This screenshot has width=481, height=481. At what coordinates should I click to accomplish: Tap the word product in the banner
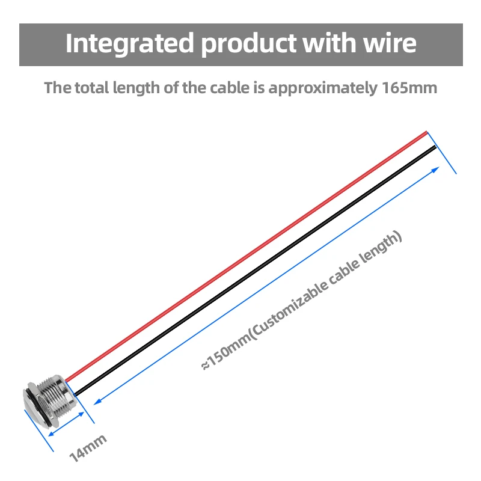(x=245, y=44)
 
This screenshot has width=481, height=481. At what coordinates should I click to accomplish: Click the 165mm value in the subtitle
(x=409, y=88)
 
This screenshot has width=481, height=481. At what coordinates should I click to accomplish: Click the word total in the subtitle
(x=96, y=88)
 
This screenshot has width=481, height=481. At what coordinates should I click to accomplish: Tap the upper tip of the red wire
(x=425, y=133)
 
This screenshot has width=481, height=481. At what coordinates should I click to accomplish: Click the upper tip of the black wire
(x=434, y=147)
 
